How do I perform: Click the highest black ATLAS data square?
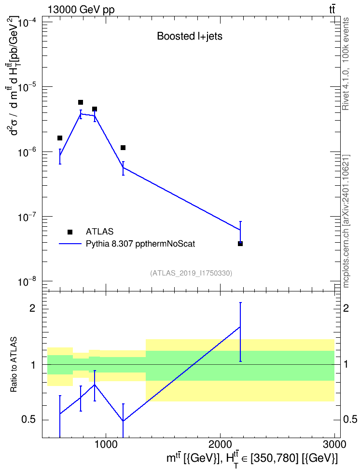click(81, 102)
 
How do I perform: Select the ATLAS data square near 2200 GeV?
click(240, 244)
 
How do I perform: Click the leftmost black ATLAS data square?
click(60, 138)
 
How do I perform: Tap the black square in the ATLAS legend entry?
click(70, 232)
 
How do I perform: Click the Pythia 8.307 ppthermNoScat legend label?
click(140, 244)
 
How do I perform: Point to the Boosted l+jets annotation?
click(190, 36)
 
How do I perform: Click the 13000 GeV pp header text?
click(81, 10)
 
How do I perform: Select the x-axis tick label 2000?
click(220, 444)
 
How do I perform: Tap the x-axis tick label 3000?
click(335, 444)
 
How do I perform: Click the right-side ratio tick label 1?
click(346, 365)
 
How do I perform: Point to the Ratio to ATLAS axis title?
click(14, 365)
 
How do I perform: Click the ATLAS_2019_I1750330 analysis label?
click(191, 273)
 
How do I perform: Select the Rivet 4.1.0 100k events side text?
click(346, 64)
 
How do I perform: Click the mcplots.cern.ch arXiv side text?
click(346, 221)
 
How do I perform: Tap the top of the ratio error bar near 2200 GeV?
click(240, 303)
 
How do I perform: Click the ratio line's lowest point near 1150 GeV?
click(123, 421)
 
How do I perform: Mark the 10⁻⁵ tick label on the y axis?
click(28, 87)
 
